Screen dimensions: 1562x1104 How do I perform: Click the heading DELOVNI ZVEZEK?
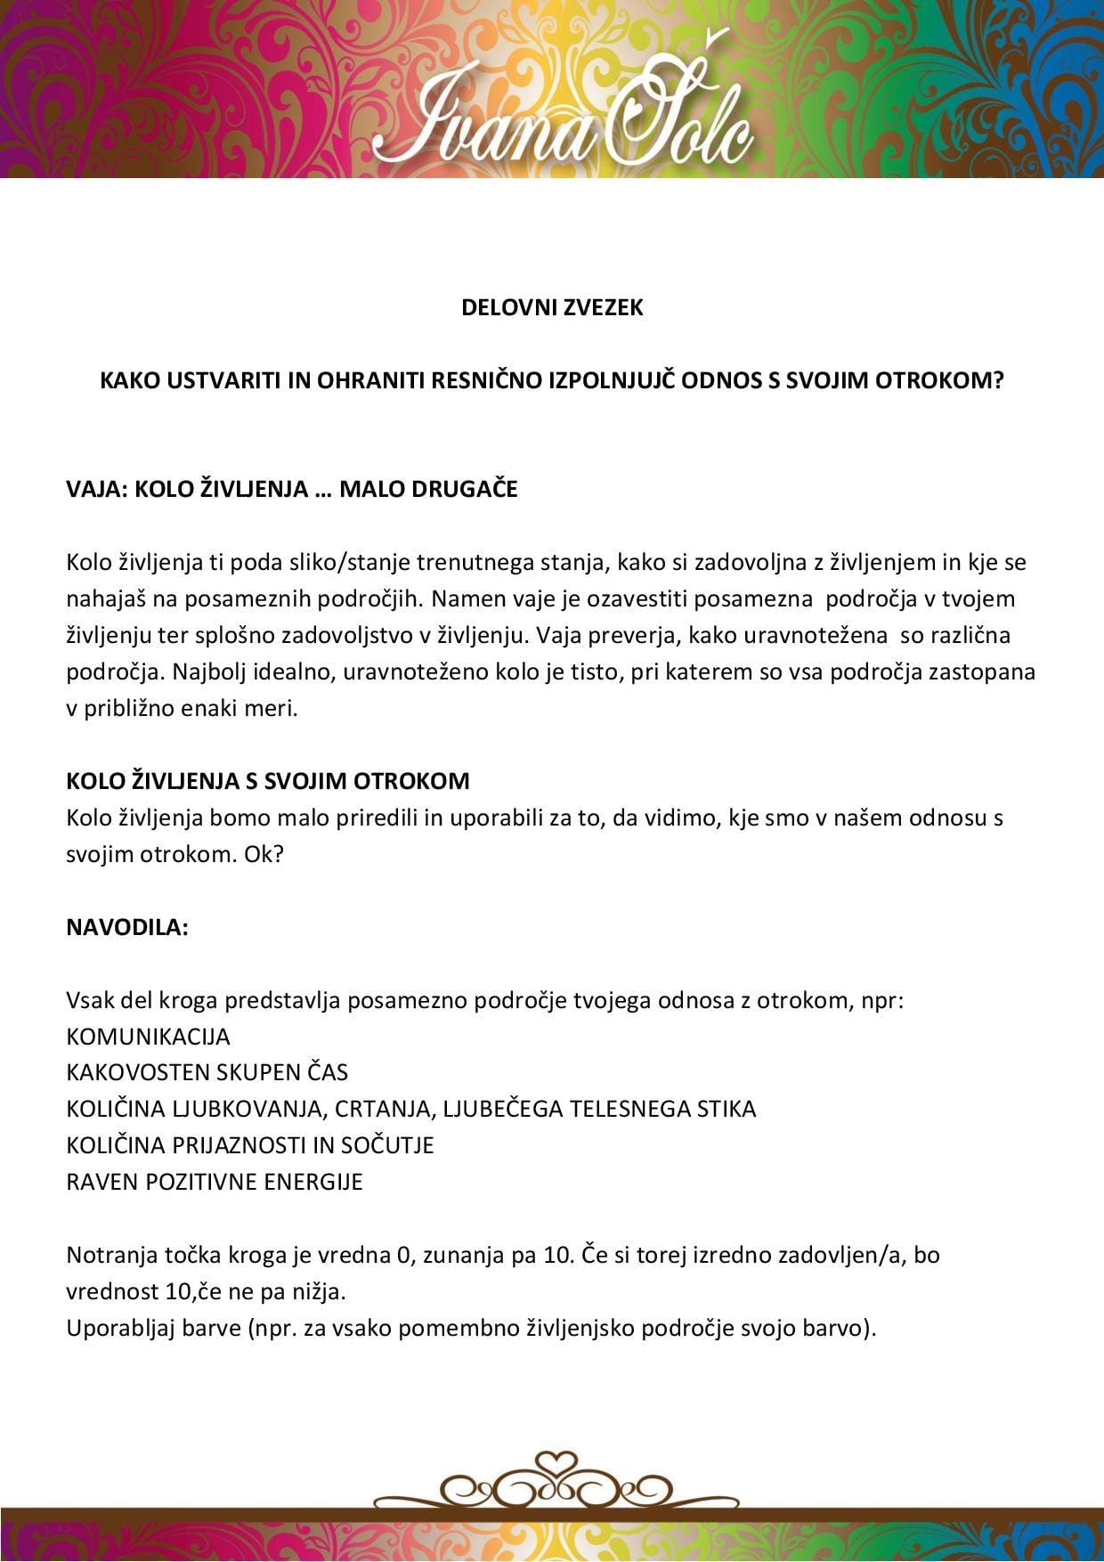tap(552, 308)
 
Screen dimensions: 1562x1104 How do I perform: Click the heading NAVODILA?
tap(127, 927)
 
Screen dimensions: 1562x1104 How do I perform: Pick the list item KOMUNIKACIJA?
tap(148, 1037)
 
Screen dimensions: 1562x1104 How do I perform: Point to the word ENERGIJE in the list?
tap(321, 1182)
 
